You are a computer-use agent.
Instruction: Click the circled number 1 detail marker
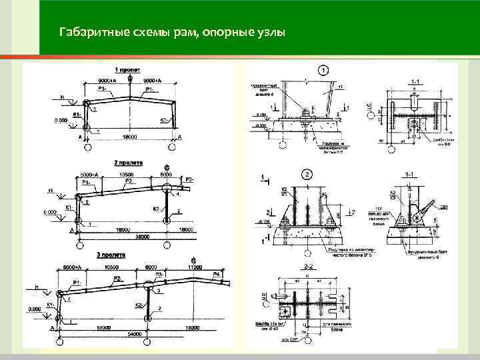pyautogui.click(x=322, y=70)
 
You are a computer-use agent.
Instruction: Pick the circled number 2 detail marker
pyautogui.click(x=307, y=175)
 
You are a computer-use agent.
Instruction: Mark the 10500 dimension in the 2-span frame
pyautogui.click(x=126, y=173)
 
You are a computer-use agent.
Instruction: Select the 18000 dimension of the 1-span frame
pyautogui.click(x=129, y=137)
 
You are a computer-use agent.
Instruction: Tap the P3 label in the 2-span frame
pyautogui.click(x=189, y=179)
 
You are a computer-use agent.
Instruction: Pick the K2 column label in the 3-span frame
pyautogui.click(x=139, y=305)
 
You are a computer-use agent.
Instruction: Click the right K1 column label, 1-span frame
pyautogui.click(x=163, y=120)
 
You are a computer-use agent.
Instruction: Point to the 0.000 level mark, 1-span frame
pyautogui.click(x=61, y=121)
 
